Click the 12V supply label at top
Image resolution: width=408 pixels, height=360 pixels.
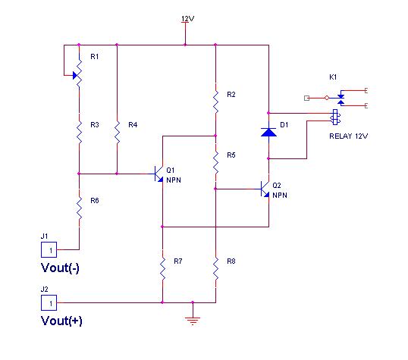point(187,19)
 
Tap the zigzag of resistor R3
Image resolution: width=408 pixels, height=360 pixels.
point(79,133)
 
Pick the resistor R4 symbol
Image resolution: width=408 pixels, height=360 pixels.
point(117,133)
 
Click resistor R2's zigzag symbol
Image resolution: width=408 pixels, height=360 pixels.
point(215,102)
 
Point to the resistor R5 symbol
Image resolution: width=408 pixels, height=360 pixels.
point(215,163)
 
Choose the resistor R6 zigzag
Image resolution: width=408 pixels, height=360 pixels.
point(79,208)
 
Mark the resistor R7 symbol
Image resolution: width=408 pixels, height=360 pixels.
point(162,269)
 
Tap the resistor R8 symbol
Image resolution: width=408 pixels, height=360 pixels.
point(215,269)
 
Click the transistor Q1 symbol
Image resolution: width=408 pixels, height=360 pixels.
point(158,174)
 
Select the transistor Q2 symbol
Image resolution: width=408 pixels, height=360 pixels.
point(265,189)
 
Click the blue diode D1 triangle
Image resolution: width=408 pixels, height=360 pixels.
point(268,132)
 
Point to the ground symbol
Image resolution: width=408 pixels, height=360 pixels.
point(193,321)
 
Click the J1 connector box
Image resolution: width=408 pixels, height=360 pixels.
point(49,249)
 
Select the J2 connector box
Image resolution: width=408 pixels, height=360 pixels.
point(49,302)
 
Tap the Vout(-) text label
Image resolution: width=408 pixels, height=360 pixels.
point(60,268)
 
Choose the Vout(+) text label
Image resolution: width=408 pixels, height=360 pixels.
point(61,321)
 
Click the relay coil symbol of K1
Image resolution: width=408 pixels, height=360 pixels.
point(335,117)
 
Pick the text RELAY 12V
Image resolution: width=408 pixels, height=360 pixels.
point(348,136)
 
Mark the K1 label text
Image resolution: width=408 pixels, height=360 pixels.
point(333,77)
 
